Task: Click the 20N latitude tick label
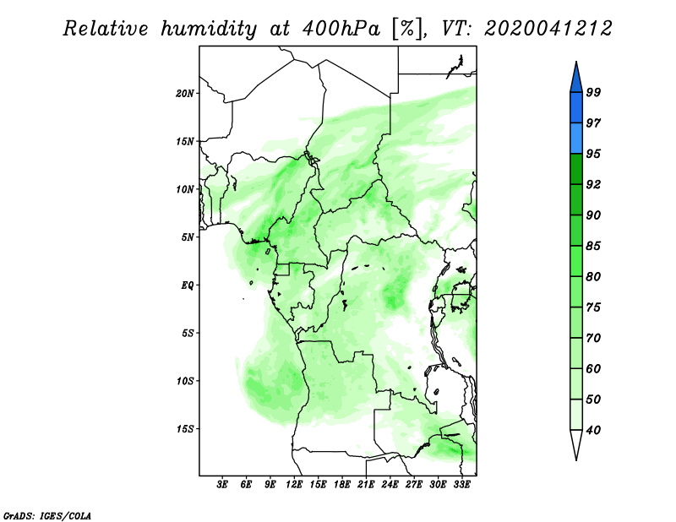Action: (x=185, y=94)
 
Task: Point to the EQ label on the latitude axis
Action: (x=188, y=285)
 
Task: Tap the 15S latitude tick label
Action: (x=185, y=429)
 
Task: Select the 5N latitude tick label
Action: (x=188, y=237)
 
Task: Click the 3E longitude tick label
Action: (x=222, y=484)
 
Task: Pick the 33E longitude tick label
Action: (x=461, y=484)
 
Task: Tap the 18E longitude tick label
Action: (x=342, y=484)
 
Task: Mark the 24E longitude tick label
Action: (x=390, y=484)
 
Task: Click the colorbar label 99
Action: (x=593, y=92)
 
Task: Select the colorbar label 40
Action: (x=593, y=430)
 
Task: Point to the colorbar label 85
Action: (x=593, y=246)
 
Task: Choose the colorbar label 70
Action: (x=593, y=338)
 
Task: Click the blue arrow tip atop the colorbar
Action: (x=576, y=62)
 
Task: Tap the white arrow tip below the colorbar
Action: (x=576, y=460)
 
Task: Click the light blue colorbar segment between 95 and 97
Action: (x=576, y=139)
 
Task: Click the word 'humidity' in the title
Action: (x=209, y=29)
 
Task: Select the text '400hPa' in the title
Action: (x=341, y=29)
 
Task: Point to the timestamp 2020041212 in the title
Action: (x=548, y=29)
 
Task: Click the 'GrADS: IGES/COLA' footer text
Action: (x=47, y=515)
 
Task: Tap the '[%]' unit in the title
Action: (x=407, y=29)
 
